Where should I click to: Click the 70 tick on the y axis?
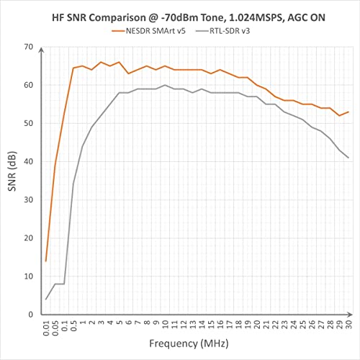point(28,47)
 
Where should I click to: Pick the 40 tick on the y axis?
point(28,161)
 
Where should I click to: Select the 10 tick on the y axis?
point(28,276)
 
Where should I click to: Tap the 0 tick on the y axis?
point(30,314)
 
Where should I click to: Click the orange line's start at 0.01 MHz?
point(46,261)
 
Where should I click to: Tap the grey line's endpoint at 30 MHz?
point(348,158)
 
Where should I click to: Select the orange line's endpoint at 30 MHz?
point(348,112)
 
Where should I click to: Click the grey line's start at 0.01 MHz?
point(46,299)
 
